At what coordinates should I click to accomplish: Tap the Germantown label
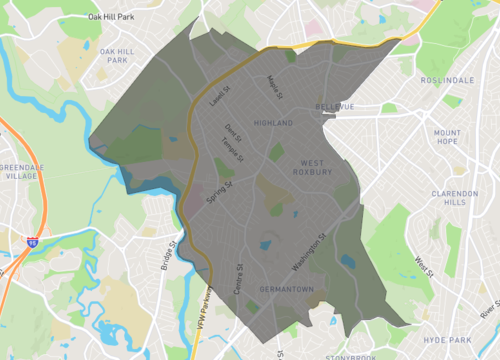point(286,290)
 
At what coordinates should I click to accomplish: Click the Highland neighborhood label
point(274,123)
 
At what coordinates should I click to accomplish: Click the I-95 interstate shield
point(33,242)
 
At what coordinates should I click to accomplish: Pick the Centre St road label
point(238,279)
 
